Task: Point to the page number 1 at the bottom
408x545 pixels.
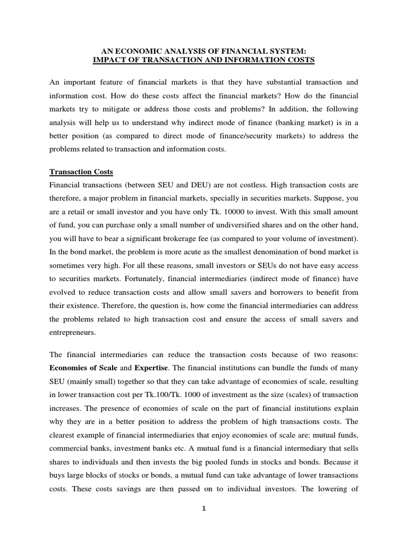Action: click(x=204, y=509)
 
